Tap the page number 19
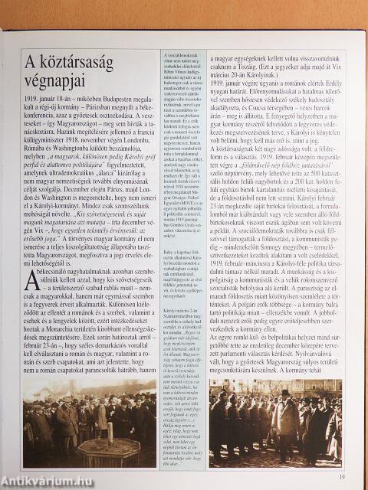click(341, 479)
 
